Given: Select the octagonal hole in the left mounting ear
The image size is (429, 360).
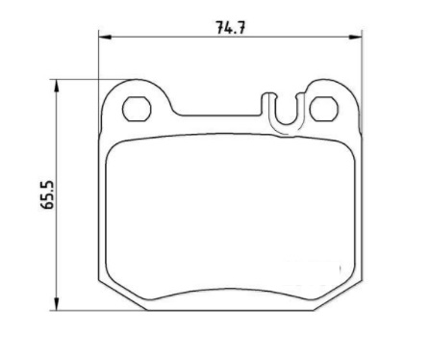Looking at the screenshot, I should [136, 108].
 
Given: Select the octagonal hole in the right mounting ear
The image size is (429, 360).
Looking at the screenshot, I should [323, 108].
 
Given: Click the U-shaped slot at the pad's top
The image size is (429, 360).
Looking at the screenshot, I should [284, 114].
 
